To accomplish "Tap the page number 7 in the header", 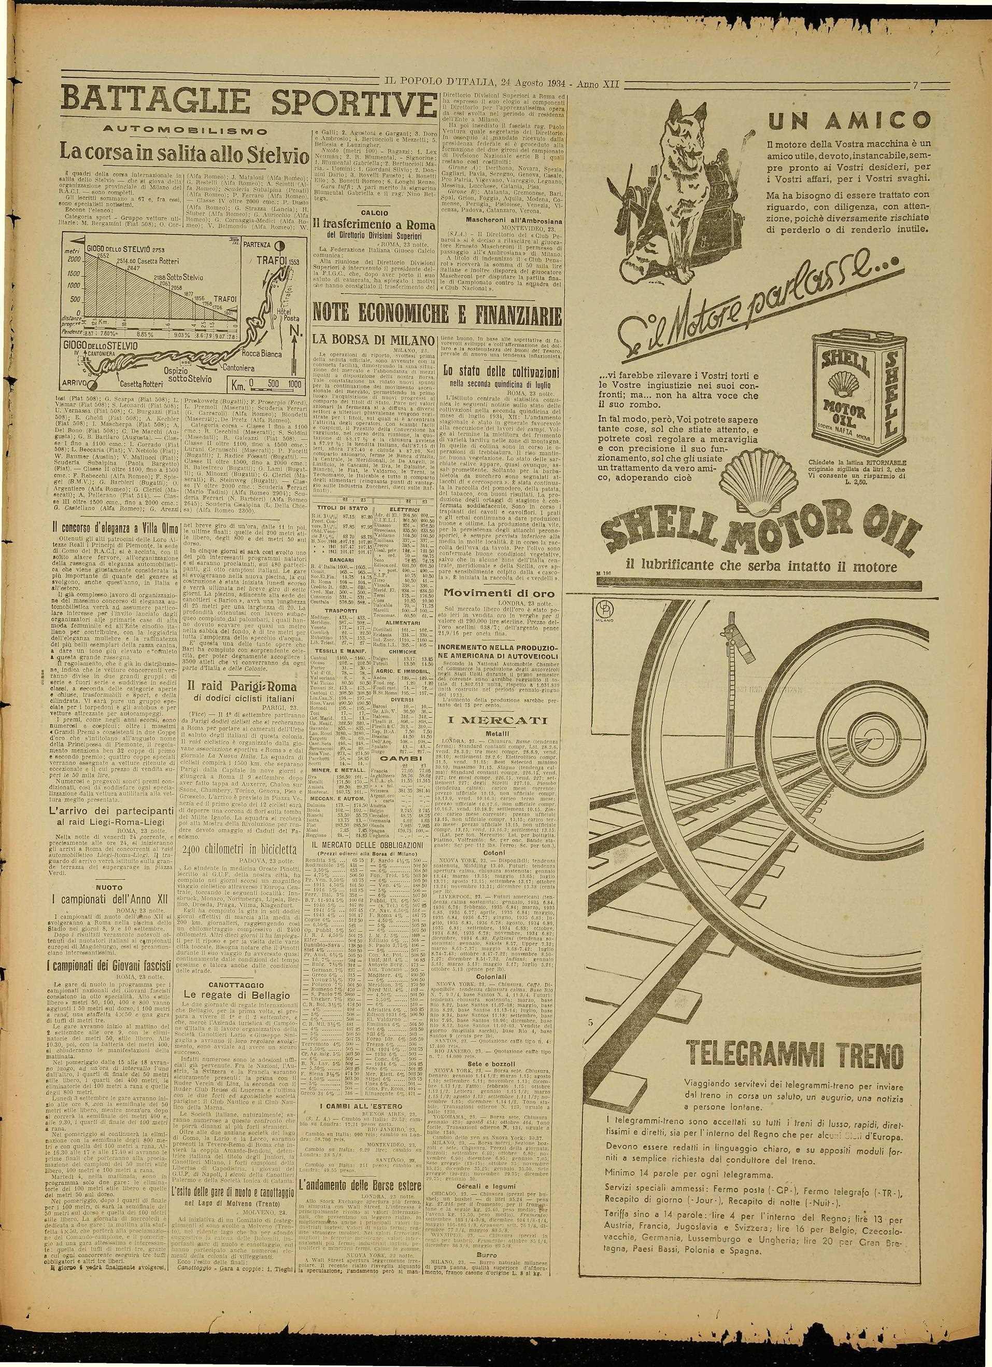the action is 915,85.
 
